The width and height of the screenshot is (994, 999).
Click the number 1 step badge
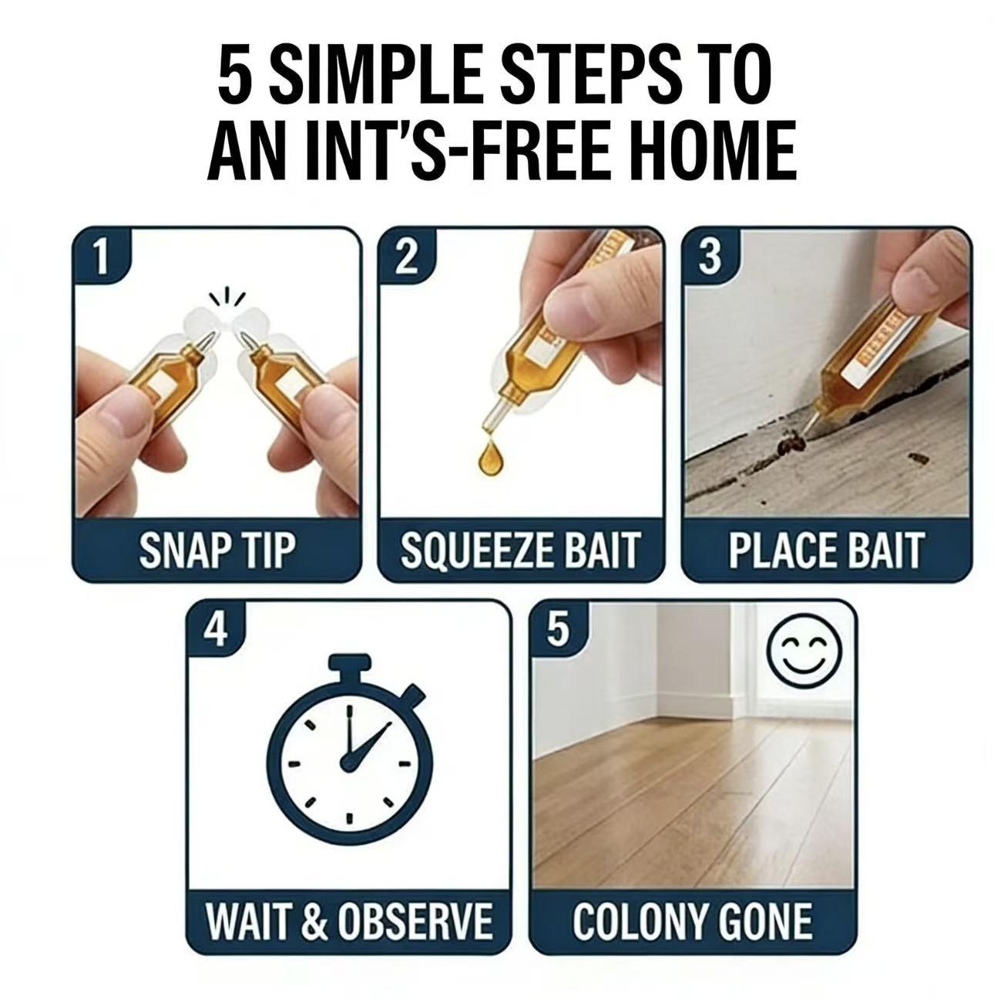99,257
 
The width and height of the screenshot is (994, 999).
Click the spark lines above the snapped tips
228,296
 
